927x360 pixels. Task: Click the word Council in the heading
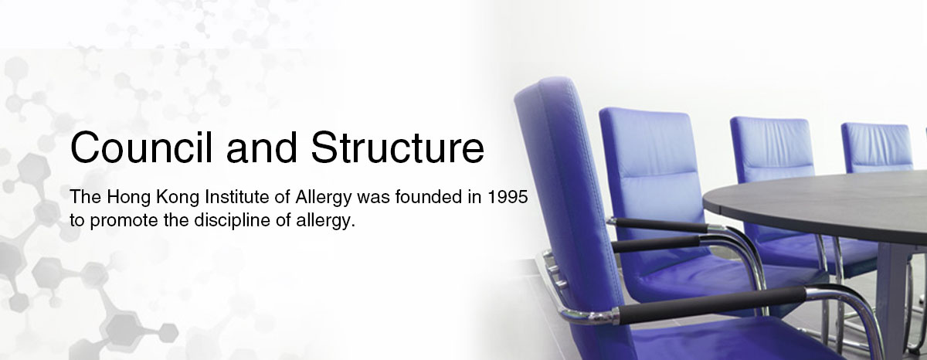click(x=141, y=148)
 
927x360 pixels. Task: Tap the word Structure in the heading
click(x=397, y=148)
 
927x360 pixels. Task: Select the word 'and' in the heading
click(x=262, y=148)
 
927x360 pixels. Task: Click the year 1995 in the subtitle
click(x=508, y=197)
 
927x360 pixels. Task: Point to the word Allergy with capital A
click(x=324, y=198)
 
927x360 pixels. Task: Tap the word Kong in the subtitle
click(x=178, y=198)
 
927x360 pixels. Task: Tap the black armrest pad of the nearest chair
click(x=711, y=305)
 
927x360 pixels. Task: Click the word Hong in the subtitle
click(x=129, y=198)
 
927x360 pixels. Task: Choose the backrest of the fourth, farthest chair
click(x=878, y=148)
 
